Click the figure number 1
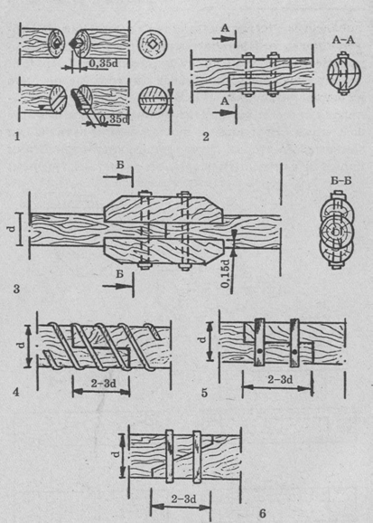pyautogui.click(x=16, y=137)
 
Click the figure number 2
pyautogui.click(x=206, y=137)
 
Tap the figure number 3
pyautogui.click(x=16, y=289)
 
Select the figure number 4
pyautogui.click(x=16, y=393)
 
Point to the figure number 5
pyautogui.click(x=204, y=393)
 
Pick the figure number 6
pyautogui.click(x=263, y=514)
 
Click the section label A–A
pyautogui.click(x=343, y=41)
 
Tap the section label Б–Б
pyautogui.click(x=341, y=181)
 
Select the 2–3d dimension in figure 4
pyautogui.click(x=104, y=384)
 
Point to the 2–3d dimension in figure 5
pyautogui.click(x=280, y=379)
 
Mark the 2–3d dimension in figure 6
pyautogui.click(x=184, y=499)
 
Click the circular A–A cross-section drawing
pyautogui.click(x=344, y=72)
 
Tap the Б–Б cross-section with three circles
pyautogui.click(x=337, y=231)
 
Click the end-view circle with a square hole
pyautogui.click(x=153, y=43)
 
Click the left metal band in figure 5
pyautogui.click(x=259, y=343)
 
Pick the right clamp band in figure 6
pyautogui.click(x=198, y=457)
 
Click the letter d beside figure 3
pyautogui.click(x=13, y=229)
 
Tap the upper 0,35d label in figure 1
pyautogui.click(x=104, y=63)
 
